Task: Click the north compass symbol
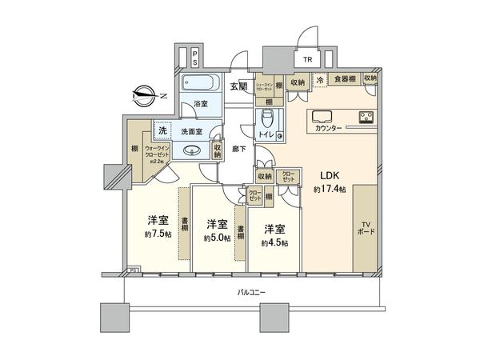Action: coord(145,94)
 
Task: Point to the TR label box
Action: coord(307,59)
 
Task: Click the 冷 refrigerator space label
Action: coord(319,79)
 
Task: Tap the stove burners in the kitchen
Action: coord(369,120)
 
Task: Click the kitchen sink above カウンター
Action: coord(322,114)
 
